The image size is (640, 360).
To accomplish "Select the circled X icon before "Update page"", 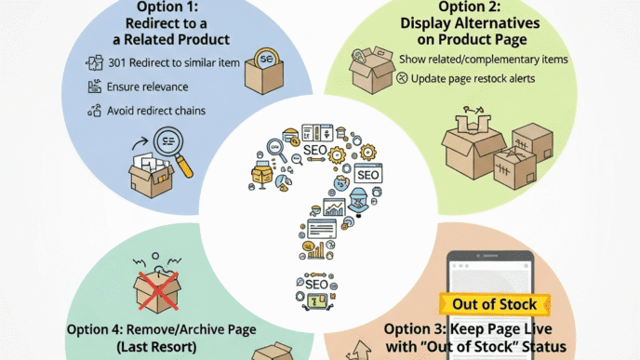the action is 403,79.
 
